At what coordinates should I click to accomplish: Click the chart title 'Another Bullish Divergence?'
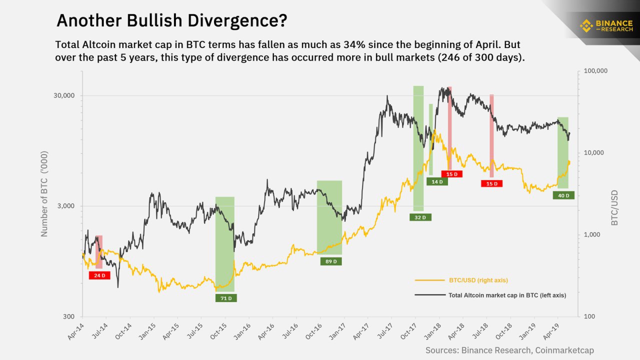click(171, 20)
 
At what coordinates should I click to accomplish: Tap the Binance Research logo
click(605, 25)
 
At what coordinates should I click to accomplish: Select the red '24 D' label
click(99, 275)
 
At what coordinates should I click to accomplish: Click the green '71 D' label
click(226, 298)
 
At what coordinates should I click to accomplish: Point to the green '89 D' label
click(330, 261)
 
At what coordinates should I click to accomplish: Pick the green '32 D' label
click(420, 217)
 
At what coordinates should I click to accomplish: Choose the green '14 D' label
click(437, 181)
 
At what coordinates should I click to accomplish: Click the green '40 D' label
click(563, 195)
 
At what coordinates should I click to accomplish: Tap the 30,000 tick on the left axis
click(64, 96)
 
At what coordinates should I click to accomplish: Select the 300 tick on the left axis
click(68, 316)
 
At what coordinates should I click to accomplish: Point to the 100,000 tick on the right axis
click(595, 71)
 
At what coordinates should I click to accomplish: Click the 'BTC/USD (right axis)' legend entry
click(478, 280)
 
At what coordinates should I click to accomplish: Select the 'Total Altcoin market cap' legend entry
click(507, 295)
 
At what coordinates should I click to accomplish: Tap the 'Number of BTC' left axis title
click(44, 193)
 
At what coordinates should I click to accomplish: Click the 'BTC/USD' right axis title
click(614, 207)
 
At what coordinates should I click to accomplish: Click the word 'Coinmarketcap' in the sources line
click(564, 350)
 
